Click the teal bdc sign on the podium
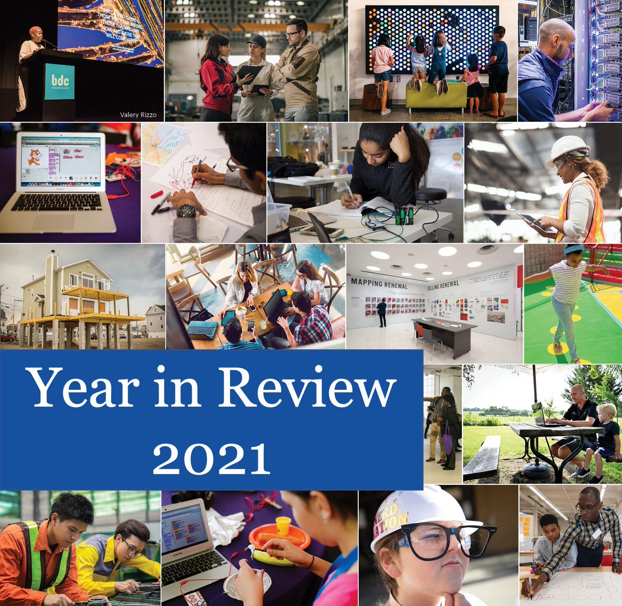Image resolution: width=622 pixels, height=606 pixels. pos(59,81)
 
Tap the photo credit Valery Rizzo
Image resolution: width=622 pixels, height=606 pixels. pos(137,115)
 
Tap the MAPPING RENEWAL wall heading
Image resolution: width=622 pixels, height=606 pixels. pos(379,284)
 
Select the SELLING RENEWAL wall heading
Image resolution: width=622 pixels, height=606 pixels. pos(443,285)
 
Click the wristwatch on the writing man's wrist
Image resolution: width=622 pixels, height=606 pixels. pos(186,211)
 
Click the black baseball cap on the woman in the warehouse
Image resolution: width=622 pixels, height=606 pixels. pos(256,41)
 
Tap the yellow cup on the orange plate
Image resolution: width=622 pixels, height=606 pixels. pos(282,525)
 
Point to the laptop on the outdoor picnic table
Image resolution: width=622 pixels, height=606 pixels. pos(539,414)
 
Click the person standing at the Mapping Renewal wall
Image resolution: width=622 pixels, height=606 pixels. pos(382,313)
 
